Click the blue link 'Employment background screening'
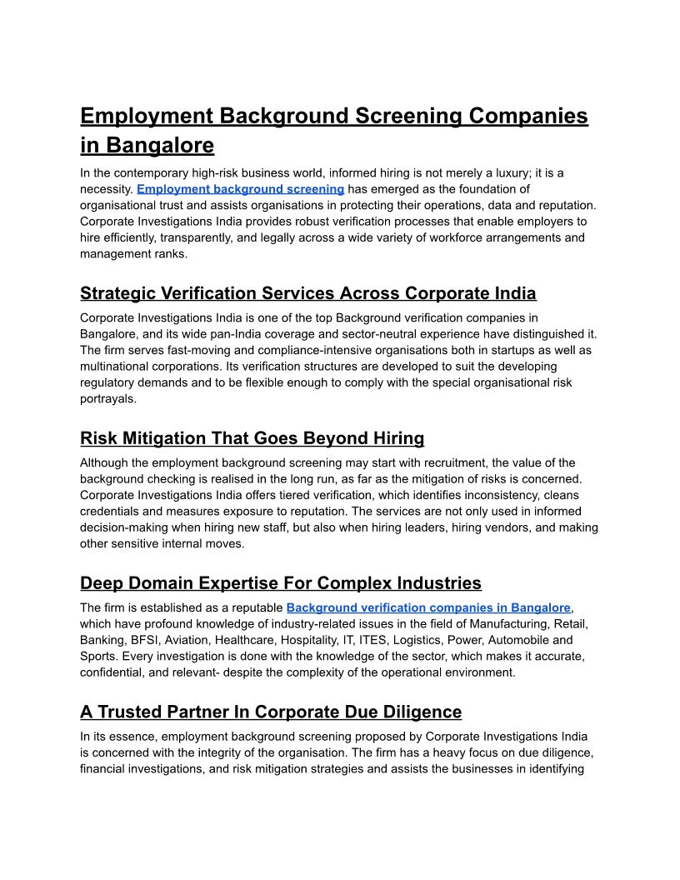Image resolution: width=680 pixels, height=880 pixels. point(240,189)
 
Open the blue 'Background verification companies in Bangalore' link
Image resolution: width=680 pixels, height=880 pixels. point(428,607)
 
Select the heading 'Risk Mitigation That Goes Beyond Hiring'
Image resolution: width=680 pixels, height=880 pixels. point(252,438)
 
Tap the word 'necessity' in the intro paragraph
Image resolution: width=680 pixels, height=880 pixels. point(106,189)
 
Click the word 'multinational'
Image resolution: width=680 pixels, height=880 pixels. point(117,367)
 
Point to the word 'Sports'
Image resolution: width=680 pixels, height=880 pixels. point(98,656)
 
